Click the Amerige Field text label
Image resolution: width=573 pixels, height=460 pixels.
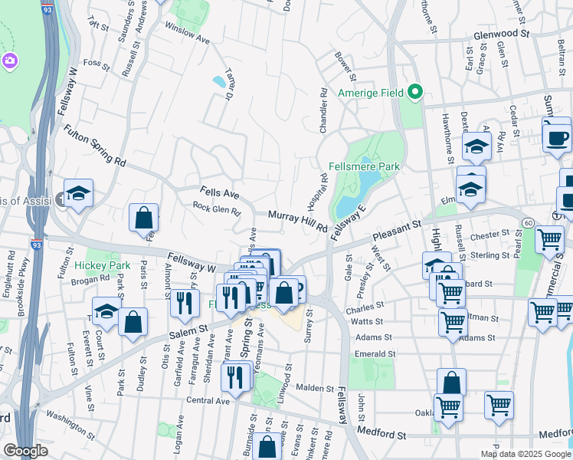371,94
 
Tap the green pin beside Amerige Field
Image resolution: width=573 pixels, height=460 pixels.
415,94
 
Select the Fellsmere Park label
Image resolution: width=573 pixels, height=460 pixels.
365,166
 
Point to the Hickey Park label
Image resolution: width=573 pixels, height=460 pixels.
103,266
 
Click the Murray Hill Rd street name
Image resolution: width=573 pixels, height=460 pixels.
297,223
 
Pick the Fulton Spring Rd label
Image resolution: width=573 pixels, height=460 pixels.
94,145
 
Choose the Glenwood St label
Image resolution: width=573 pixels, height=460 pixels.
502,34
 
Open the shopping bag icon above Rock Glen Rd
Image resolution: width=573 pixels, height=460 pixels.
143,218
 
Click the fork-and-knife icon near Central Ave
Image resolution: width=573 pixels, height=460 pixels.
234,376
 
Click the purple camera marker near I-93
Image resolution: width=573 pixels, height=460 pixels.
10,61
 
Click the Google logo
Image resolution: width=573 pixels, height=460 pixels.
26,451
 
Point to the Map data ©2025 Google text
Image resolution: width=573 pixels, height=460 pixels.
524,454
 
